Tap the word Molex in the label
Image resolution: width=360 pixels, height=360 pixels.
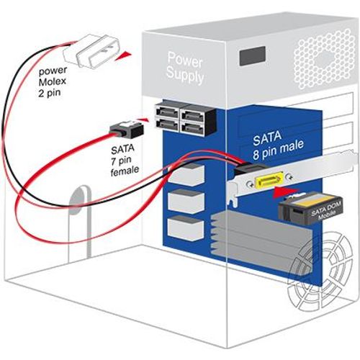pos(52,81)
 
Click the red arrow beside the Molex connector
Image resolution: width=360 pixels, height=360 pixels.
pos(123,56)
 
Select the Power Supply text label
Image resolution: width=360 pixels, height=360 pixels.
pos(185,68)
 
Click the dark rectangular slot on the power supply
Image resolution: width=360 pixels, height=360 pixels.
pos(252,55)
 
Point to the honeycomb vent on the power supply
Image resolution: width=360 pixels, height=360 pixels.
pos(325,59)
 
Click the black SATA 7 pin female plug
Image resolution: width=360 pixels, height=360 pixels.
pos(127,129)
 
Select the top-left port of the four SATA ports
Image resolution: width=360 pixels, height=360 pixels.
pos(167,111)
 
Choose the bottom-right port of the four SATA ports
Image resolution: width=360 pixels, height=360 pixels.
pos(192,127)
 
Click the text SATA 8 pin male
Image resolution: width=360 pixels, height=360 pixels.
pos(278,145)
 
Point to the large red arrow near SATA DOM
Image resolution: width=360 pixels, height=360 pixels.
pos(286,192)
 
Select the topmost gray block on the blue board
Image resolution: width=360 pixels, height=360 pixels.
pos(186,175)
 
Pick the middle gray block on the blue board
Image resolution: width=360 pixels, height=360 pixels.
pos(186,202)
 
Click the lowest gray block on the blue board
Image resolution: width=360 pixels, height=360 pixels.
pos(186,228)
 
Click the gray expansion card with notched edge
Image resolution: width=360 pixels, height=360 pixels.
pos(261,243)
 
